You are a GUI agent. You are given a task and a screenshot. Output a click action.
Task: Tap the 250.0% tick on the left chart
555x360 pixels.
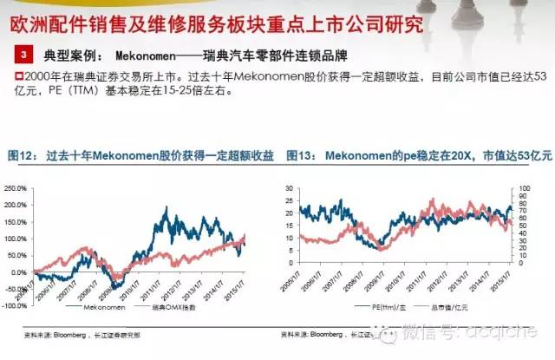coord(16,187)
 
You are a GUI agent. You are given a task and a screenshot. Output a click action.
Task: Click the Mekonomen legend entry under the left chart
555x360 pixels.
coord(103,308)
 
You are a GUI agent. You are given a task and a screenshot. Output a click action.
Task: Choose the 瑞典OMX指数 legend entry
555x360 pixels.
coord(178,308)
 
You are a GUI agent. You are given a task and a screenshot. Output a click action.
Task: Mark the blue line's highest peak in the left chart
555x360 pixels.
coord(166,208)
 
